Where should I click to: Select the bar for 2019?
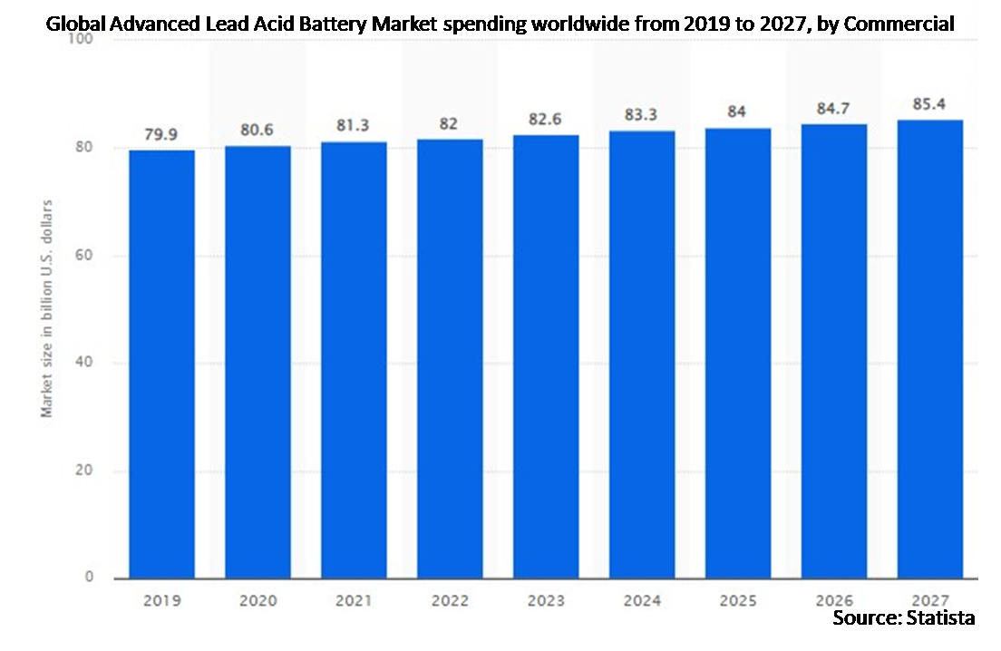pyautogui.click(x=161, y=363)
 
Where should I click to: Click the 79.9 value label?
pyautogui.click(x=161, y=134)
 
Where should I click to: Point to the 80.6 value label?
pyautogui.click(x=258, y=130)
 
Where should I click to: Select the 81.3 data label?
pyautogui.click(x=354, y=126)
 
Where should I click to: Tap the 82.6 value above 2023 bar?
pyautogui.click(x=546, y=119)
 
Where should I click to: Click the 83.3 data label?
pyautogui.click(x=642, y=114)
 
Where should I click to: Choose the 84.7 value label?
pyautogui.click(x=834, y=108)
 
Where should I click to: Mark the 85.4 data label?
pyautogui.click(x=930, y=103)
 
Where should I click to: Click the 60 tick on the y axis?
pyautogui.click(x=86, y=256)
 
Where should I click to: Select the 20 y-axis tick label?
pyautogui.click(x=86, y=471)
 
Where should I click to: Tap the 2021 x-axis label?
pyautogui.click(x=354, y=599)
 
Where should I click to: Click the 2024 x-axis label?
pyautogui.click(x=642, y=599)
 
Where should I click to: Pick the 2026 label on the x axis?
pyautogui.click(x=834, y=599)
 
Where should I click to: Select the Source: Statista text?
pyautogui.click(x=904, y=618)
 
